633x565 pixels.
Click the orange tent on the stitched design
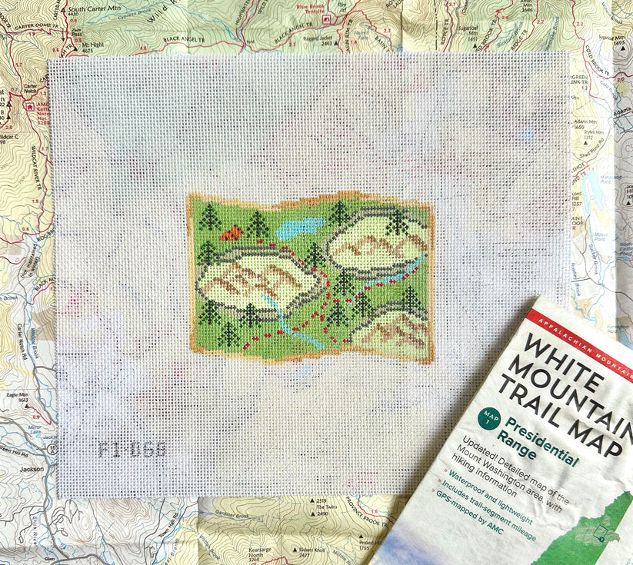(230, 232)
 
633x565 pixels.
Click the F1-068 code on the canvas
(132, 449)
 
